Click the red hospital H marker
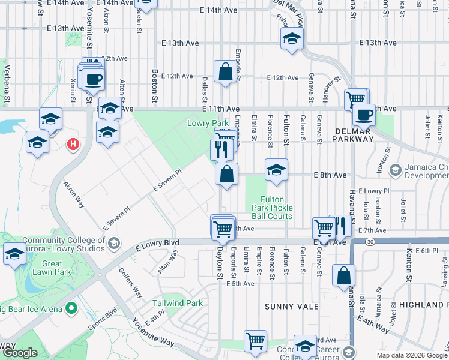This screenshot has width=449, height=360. point(73,145)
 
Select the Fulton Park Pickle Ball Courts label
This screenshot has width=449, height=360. point(276,208)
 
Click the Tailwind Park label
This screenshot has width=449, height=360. point(178,303)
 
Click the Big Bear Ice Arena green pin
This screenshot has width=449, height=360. point(72,309)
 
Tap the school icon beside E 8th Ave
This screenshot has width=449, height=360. point(276,170)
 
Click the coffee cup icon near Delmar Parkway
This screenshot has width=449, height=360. point(364,114)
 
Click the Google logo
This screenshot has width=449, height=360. point(19,353)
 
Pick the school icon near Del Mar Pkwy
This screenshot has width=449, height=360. point(292,39)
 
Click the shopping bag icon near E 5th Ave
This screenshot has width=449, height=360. point(345,275)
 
